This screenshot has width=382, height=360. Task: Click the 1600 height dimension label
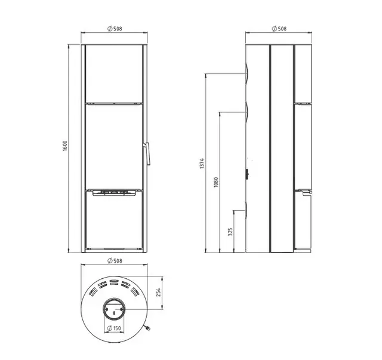[x=64, y=146]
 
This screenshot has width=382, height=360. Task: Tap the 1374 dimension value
[x=202, y=164]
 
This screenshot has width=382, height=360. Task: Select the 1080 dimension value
[x=216, y=182]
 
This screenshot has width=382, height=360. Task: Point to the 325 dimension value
[x=230, y=232]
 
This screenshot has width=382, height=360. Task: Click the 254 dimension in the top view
[x=159, y=293]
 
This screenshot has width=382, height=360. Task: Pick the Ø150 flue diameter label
[x=114, y=328]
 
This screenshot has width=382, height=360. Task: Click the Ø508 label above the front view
[x=115, y=29]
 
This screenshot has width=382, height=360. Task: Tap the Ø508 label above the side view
[x=279, y=29]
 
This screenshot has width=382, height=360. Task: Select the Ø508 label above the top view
[x=115, y=261]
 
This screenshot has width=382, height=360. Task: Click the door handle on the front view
[x=147, y=153]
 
